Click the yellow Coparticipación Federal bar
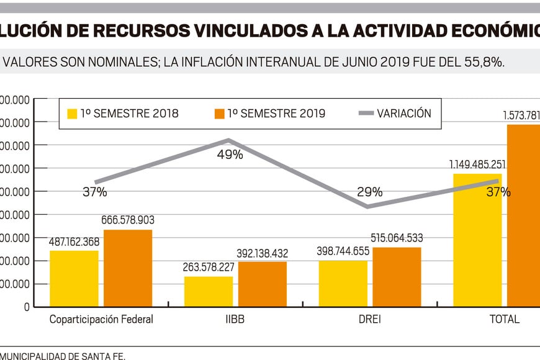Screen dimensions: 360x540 74,278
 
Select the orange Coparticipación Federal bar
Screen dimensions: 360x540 128,268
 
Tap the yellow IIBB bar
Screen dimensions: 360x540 209,291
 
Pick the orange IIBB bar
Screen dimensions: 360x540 263,284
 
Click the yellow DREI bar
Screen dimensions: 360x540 343,283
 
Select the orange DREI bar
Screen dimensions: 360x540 397,277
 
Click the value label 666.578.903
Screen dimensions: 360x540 128,220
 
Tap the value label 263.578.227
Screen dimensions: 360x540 209,268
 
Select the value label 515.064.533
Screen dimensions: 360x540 397,238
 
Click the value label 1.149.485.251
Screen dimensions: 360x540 478,164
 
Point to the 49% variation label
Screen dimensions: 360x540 230,155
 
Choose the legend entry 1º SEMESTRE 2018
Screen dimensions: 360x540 123,114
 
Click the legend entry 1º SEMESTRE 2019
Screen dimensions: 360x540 270,114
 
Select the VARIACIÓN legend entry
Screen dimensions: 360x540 395,114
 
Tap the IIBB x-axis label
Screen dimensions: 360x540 235,320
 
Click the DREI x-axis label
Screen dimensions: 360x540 370,320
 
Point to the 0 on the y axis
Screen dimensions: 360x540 27,307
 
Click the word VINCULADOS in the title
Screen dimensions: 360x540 223,29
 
